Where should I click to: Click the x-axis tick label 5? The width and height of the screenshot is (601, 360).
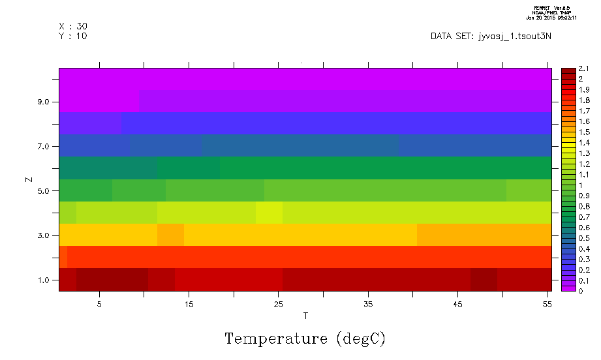99,304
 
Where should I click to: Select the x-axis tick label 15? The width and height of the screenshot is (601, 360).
189,304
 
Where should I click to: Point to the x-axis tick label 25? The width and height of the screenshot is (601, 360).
279,304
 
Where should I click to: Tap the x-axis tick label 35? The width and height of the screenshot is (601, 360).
368,304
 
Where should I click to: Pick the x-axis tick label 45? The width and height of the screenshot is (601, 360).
458,304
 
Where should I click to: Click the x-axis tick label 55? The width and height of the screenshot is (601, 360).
547,304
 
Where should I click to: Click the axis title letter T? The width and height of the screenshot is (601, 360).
305,316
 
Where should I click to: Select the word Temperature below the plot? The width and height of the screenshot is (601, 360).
275,339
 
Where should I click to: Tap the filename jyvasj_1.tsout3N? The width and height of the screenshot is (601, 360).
512,37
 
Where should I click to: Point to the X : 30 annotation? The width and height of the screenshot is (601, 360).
73,26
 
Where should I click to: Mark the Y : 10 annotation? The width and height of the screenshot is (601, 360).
73,36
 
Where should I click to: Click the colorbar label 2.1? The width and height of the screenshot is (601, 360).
585,68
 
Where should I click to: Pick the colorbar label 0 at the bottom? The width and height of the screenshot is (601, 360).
581,291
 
